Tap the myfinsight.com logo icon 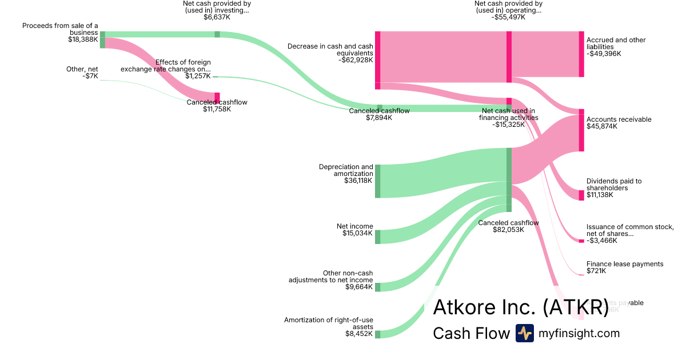tap(524, 333)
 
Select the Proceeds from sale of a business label tap(60, 29)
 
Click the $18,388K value tap(83, 39)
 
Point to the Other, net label tap(82, 69)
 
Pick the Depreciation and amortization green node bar tap(377, 181)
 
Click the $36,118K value tap(358, 181)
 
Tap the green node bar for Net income tap(377, 237)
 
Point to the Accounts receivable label tap(619, 119)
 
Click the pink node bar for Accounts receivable tap(581, 130)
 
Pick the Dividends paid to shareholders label tap(614, 185)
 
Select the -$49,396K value tap(604, 54)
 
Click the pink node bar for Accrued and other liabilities tap(581, 54)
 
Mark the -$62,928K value tap(355, 59)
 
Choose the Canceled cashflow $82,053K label tap(508, 226)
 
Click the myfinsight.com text tap(579, 333)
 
